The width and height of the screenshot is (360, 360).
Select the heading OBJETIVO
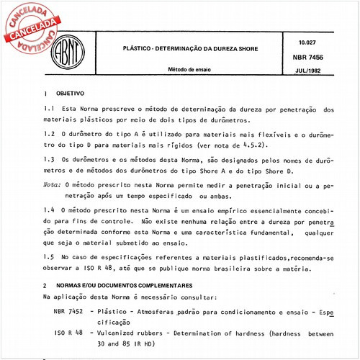click(x=71, y=94)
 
